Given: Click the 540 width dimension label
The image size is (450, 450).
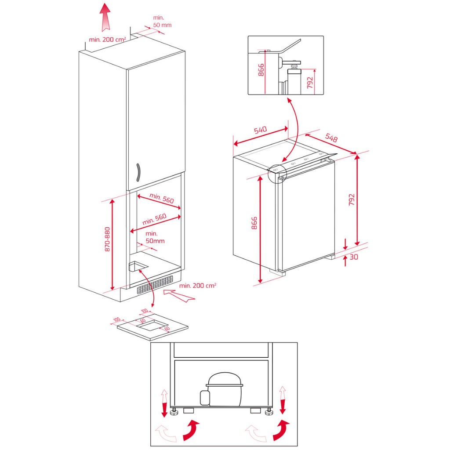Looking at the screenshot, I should point(260,130).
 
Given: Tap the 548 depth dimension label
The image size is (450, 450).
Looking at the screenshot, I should point(331,138).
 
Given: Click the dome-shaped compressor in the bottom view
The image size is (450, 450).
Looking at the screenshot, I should point(225,388).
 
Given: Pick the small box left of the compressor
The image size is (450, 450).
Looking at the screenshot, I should point(204,397).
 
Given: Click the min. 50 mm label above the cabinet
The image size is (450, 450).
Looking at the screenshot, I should point(162,21).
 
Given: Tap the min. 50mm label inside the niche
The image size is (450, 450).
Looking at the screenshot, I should point(155,237).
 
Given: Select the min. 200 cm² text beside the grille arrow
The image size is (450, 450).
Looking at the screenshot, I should point(198,286).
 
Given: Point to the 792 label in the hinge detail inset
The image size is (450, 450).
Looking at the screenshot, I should point(310,82).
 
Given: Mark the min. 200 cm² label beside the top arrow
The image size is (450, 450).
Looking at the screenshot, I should point(108,40).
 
